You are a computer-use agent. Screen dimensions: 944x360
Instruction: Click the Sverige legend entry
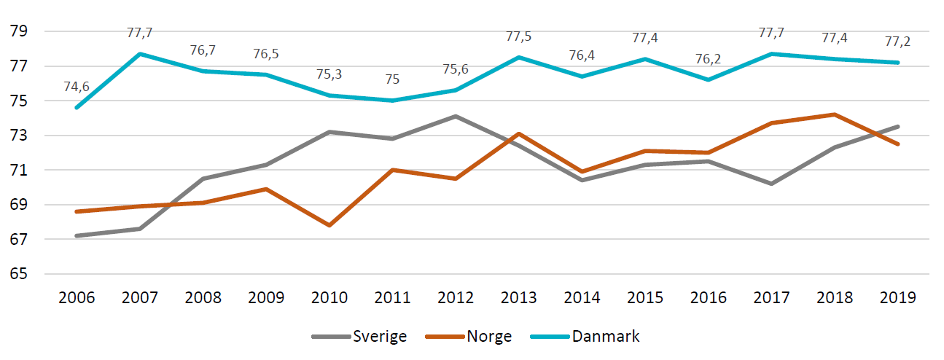click(x=359, y=337)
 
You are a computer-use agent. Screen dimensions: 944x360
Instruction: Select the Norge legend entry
click(x=469, y=337)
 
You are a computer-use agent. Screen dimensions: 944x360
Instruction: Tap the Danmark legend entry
click(x=585, y=337)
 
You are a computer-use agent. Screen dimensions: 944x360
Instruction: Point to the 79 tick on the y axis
click(x=19, y=31)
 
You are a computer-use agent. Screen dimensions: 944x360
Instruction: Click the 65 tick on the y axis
click(x=19, y=274)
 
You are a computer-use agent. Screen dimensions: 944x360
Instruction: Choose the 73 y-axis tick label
click(x=19, y=136)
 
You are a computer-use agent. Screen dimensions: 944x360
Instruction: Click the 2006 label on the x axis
click(x=77, y=297)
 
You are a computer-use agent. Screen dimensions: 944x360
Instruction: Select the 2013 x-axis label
click(x=519, y=297)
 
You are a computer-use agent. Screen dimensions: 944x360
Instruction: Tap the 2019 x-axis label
click(x=897, y=297)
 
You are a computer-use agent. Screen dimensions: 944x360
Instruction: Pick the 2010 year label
click(x=329, y=297)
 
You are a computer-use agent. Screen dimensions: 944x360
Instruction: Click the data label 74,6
click(x=77, y=87)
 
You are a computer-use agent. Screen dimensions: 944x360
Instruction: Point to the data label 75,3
click(x=329, y=74)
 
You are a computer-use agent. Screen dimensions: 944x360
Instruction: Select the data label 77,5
click(x=519, y=36)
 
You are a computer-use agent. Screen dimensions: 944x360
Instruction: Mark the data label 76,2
click(x=708, y=58)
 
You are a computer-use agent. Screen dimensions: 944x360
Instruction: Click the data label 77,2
click(x=897, y=42)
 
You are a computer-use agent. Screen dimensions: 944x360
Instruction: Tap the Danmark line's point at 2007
click(x=140, y=54)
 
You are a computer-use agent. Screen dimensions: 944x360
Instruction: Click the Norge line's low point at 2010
click(x=329, y=225)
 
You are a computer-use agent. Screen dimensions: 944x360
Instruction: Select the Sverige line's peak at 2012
click(x=456, y=116)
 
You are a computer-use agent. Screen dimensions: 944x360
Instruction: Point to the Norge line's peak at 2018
click(x=835, y=114)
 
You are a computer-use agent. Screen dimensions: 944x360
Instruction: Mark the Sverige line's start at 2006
click(x=77, y=235)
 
